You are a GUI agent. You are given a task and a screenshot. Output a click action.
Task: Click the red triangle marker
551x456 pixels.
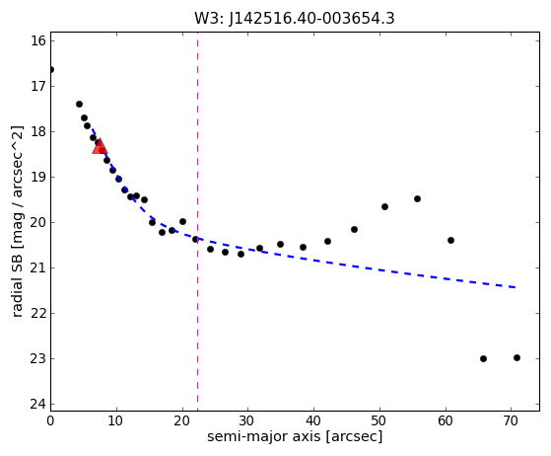tap(100, 146)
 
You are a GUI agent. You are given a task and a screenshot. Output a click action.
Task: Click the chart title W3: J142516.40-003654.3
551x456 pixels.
tap(295, 19)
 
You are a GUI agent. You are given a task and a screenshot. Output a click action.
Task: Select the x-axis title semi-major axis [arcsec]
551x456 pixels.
tap(295, 436)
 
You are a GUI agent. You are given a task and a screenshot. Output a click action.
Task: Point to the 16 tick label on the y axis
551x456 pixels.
tap(38, 40)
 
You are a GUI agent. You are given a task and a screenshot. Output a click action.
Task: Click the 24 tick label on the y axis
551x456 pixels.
tap(38, 405)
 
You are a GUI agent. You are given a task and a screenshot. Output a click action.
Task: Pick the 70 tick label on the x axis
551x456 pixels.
tap(512, 420)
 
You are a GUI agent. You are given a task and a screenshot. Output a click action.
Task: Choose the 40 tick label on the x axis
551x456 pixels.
tap(313, 420)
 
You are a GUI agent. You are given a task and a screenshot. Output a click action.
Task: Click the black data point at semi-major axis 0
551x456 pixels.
tap(51, 70)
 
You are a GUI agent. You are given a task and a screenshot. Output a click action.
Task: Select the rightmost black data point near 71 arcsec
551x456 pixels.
tap(517, 358)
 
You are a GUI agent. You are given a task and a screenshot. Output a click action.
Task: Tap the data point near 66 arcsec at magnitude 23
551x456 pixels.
tap(484, 359)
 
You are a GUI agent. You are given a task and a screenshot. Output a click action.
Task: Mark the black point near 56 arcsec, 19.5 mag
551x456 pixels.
tap(418, 199)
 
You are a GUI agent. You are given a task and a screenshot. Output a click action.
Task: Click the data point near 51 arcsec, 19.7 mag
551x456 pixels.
tap(384, 207)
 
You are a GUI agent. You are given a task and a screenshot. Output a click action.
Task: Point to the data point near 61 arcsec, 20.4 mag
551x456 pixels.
tap(450, 241)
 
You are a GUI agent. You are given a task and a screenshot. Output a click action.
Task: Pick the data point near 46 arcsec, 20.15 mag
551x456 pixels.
tap(354, 230)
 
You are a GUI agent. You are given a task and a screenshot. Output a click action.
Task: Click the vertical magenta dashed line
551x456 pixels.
tap(197, 222)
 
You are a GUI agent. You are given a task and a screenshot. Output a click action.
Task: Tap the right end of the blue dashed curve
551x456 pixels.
tap(516, 287)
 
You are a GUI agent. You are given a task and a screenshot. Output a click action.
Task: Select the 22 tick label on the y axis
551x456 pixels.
tap(38, 314)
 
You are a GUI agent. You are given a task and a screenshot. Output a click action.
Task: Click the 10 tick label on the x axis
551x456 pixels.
tap(115, 420)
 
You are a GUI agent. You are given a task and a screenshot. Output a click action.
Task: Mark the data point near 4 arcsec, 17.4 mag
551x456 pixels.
tap(80, 105)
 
